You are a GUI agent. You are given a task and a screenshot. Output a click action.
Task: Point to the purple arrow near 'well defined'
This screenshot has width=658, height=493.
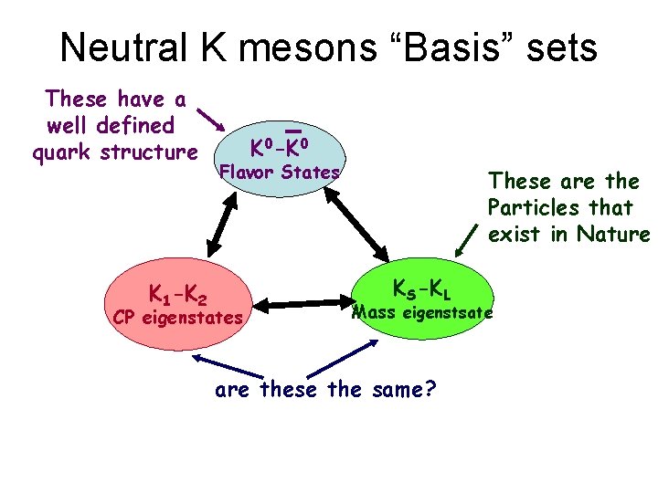[211, 120]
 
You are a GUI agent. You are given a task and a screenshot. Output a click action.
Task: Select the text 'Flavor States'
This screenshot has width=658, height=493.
[278, 172]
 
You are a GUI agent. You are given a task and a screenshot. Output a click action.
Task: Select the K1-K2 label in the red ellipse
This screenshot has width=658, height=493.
[178, 294]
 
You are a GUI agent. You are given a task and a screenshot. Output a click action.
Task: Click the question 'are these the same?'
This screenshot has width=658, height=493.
[324, 391]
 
